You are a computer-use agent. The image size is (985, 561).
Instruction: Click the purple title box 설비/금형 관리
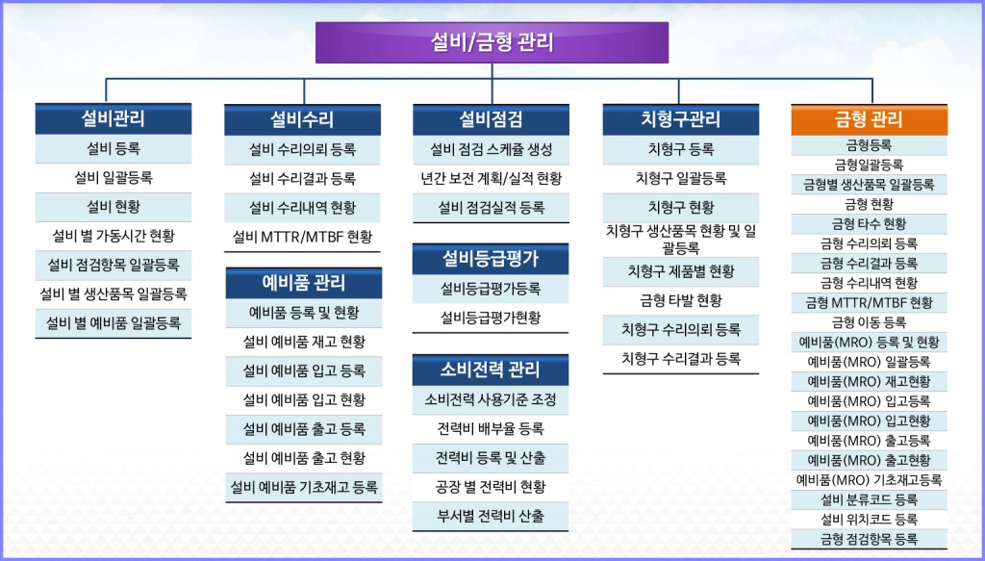point(492,42)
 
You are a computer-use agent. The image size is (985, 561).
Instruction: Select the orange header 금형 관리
point(869,120)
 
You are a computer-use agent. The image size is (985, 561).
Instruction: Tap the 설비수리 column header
point(302,120)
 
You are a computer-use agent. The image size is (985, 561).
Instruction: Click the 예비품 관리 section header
point(303,283)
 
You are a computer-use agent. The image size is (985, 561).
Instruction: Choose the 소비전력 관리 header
point(491,370)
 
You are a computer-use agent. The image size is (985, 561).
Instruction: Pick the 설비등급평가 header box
point(491,259)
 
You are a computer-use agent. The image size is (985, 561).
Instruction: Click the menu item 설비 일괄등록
point(114,178)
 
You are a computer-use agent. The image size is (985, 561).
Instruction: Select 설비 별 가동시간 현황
point(114,236)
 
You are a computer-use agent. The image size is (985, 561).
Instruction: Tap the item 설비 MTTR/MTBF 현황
point(302,237)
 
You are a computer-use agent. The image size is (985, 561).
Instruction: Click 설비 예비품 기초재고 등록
point(304,487)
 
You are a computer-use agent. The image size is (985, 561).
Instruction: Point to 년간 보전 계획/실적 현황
point(492,178)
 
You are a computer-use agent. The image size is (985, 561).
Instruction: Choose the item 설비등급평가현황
point(491,318)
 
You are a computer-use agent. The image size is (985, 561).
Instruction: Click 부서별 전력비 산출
point(491,517)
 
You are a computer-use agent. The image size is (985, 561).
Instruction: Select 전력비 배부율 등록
point(491,429)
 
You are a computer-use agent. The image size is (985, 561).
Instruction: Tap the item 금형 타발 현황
point(681,301)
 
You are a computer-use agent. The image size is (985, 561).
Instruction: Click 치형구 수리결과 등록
point(681,359)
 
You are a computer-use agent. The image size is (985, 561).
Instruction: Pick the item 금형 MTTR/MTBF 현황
point(869,303)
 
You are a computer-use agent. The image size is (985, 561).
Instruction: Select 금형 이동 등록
point(869,323)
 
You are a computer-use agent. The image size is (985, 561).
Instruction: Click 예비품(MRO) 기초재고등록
point(869,480)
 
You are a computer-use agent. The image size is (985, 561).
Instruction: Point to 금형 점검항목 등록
point(869,539)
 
